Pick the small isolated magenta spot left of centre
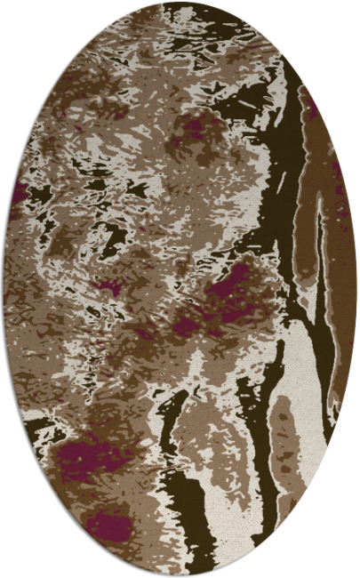tap(110, 288)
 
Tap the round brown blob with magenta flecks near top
tap(197, 133)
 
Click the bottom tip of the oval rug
tap(180, 574)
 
